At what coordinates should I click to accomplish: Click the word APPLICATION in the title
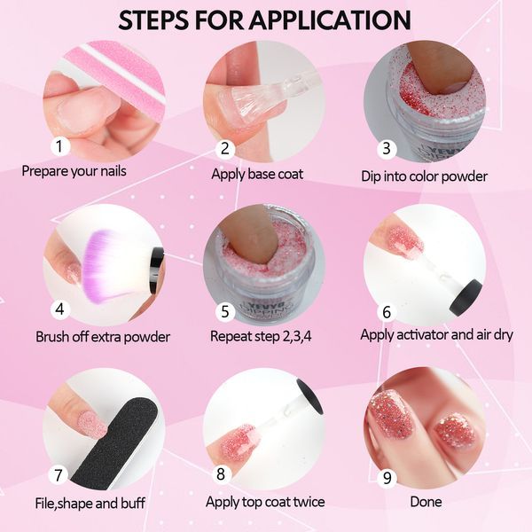tap(330, 20)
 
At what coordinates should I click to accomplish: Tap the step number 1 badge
tap(60, 146)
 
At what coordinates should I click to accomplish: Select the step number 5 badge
tap(225, 312)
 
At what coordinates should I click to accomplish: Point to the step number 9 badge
tap(387, 478)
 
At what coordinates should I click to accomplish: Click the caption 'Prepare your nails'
tap(74, 171)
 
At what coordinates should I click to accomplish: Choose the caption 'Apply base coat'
tap(257, 175)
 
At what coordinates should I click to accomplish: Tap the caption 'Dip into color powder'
tap(424, 176)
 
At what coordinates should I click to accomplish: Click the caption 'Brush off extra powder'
tap(103, 337)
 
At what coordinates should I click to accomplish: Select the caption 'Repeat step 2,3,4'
tap(261, 336)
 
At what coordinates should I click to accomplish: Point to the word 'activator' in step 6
tap(422, 335)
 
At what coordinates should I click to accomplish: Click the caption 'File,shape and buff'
tap(90, 503)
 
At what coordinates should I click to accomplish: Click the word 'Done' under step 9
tap(426, 502)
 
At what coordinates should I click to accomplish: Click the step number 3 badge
tap(387, 149)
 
